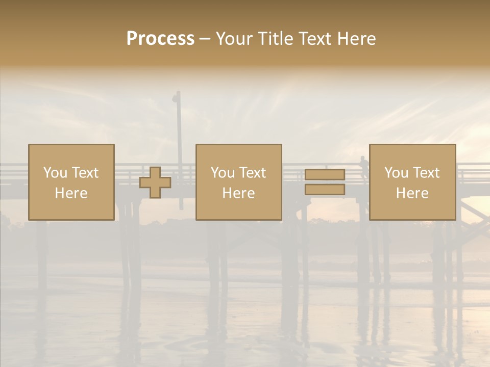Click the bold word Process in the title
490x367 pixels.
[x=160, y=39]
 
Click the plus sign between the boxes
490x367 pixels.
[x=155, y=182]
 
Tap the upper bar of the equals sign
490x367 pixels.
[x=325, y=175]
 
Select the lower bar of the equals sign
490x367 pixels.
[x=325, y=190]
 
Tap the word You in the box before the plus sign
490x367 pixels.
[x=55, y=173]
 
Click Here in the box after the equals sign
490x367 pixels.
[x=412, y=193]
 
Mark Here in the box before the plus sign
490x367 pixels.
[x=71, y=193]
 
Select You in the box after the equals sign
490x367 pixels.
[x=396, y=173]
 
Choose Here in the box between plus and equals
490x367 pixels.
[x=238, y=193]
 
